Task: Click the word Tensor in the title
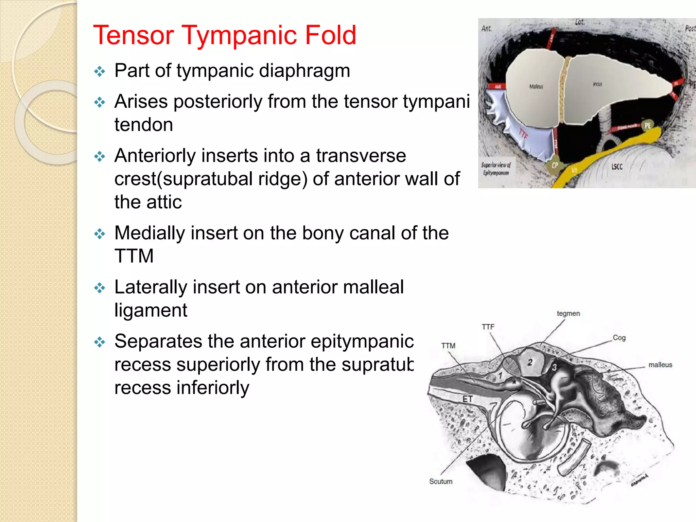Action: point(134,35)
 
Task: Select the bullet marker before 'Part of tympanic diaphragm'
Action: point(100,72)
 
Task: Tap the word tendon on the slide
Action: point(143,125)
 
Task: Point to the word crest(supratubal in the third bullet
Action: point(211,179)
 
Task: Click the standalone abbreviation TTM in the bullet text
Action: point(134,256)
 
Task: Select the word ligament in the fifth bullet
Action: point(151,310)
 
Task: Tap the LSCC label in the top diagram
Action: point(617,167)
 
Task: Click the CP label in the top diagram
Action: point(555,166)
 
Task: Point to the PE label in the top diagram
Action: point(647,125)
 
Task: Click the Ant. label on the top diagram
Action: point(487,29)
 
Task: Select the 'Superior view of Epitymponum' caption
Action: point(496,169)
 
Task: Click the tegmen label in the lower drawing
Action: point(568,313)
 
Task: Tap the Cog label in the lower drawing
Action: point(619,338)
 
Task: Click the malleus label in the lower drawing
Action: point(660,365)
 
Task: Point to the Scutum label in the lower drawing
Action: point(440,481)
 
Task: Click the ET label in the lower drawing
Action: point(467,399)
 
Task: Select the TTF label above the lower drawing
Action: point(488,327)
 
